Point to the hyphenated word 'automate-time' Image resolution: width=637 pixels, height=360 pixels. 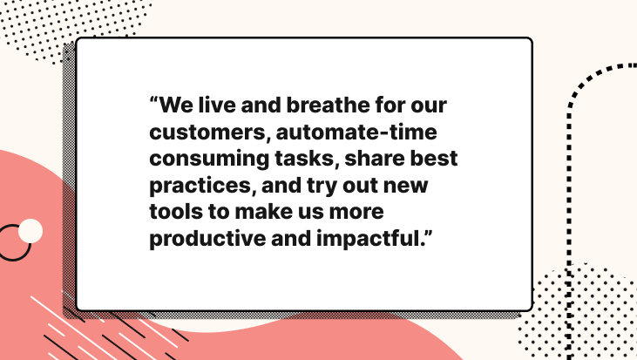tap(356, 132)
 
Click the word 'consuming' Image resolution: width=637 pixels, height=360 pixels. tap(209, 160)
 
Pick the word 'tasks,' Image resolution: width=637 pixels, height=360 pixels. tap(307, 159)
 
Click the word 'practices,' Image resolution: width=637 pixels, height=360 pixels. tap(203, 186)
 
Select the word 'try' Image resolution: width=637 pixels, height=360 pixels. tap(322, 186)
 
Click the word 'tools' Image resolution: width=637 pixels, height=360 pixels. tap(176, 212)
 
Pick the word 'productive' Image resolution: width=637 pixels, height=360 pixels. tap(207, 239)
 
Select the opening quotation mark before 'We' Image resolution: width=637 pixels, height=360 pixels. tap(153, 100)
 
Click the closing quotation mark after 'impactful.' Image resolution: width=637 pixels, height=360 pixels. tap(429, 234)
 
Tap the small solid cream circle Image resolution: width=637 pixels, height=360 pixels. tap(30, 231)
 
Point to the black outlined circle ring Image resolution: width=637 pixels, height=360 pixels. tap(29, 248)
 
